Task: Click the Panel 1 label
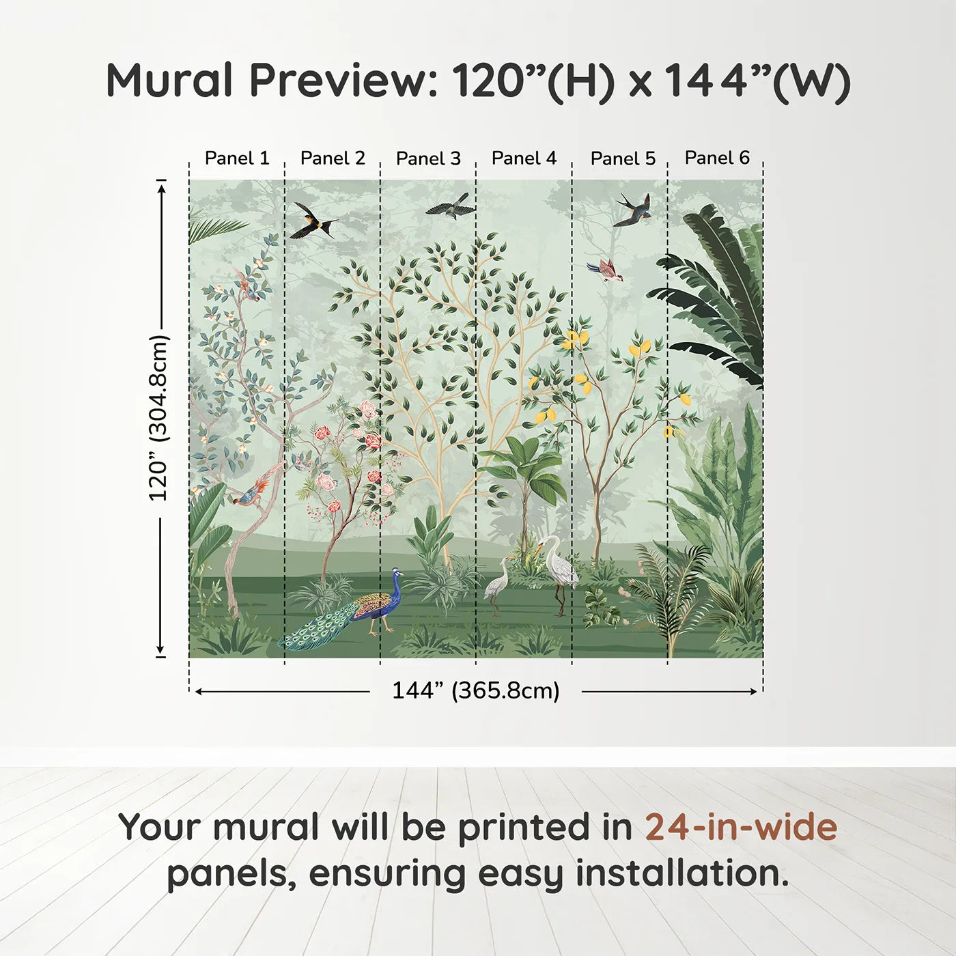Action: pyautogui.click(x=237, y=158)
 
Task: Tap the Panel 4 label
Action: pyautogui.click(x=524, y=158)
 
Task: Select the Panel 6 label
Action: pyautogui.click(x=717, y=158)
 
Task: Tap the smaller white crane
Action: pyautogui.click(x=496, y=586)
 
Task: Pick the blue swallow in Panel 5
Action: pyautogui.click(x=634, y=210)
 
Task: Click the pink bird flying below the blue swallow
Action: pyautogui.click(x=606, y=270)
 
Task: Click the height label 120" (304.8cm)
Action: pyautogui.click(x=158, y=418)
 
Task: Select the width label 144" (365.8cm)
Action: pyautogui.click(x=475, y=690)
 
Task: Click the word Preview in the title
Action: pyautogui.click(x=345, y=81)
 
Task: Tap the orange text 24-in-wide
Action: pyautogui.click(x=741, y=828)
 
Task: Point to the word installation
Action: pyautogui.click(x=681, y=873)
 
